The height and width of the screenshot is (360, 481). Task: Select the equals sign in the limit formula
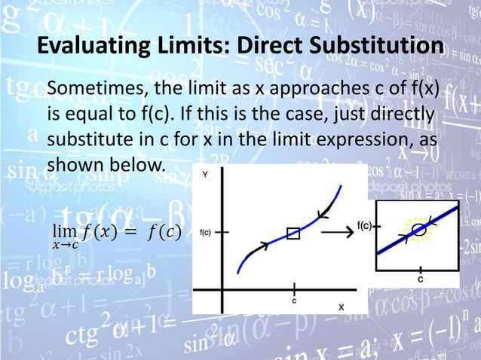(x=124, y=230)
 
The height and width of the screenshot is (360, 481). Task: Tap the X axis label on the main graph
(x=341, y=307)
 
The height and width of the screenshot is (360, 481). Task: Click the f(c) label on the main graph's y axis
(x=204, y=233)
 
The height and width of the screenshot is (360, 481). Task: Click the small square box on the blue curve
(x=293, y=233)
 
